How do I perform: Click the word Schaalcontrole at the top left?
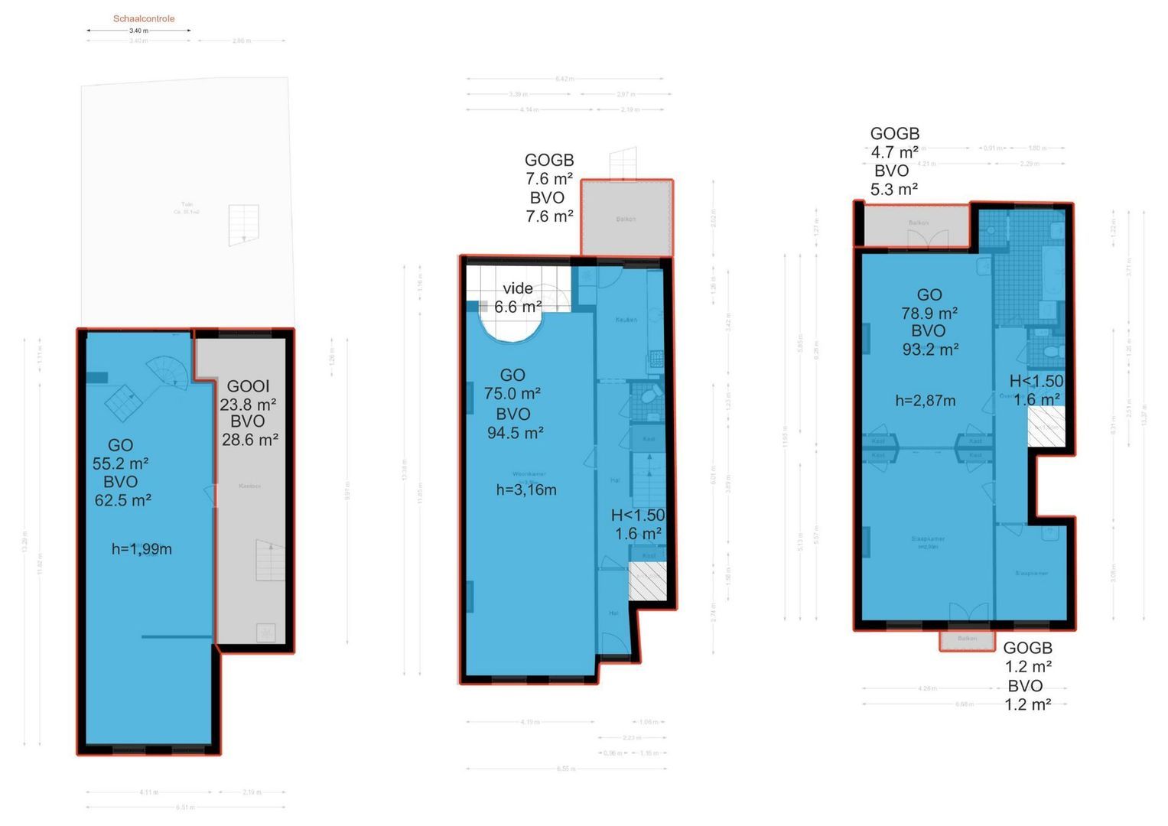(x=144, y=18)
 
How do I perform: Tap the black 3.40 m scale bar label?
(x=138, y=31)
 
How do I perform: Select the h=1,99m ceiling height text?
(x=142, y=548)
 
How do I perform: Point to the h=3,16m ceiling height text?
(x=526, y=490)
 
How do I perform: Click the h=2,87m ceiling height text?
(x=925, y=400)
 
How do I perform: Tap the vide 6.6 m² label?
(x=518, y=298)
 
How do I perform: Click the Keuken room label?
(x=626, y=320)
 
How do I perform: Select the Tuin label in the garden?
(x=187, y=205)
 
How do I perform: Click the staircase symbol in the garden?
(x=244, y=224)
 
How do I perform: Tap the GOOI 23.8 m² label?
(x=248, y=395)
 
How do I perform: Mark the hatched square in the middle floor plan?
(x=647, y=580)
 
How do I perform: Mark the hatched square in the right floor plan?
(x=1046, y=427)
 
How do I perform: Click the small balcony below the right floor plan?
(x=967, y=639)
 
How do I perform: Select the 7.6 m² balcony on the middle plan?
(x=626, y=219)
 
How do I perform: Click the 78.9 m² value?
(x=929, y=313)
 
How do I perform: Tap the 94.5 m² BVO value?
(x=515, y=433)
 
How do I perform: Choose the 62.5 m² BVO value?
(x=122, y=500)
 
